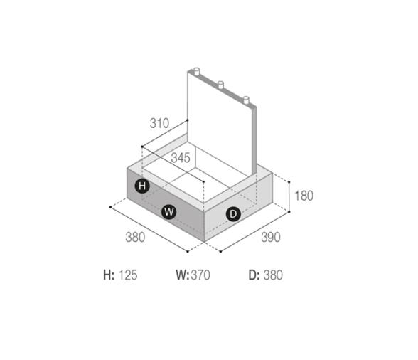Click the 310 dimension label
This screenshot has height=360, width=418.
tap(159, 123)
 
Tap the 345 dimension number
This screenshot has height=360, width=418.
tap(181, 158)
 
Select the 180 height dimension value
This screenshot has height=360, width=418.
tap(304, 196)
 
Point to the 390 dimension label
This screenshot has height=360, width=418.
tap(271, 237)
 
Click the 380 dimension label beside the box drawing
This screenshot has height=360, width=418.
tap(135, 237)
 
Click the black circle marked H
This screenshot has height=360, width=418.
tap(142, 186)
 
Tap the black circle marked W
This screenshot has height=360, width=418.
tap(168, 212)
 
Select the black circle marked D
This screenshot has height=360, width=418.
tap(233, 214)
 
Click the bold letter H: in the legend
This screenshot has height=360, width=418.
tap(109, 275)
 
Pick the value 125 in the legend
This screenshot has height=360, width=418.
tap(128, 275)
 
